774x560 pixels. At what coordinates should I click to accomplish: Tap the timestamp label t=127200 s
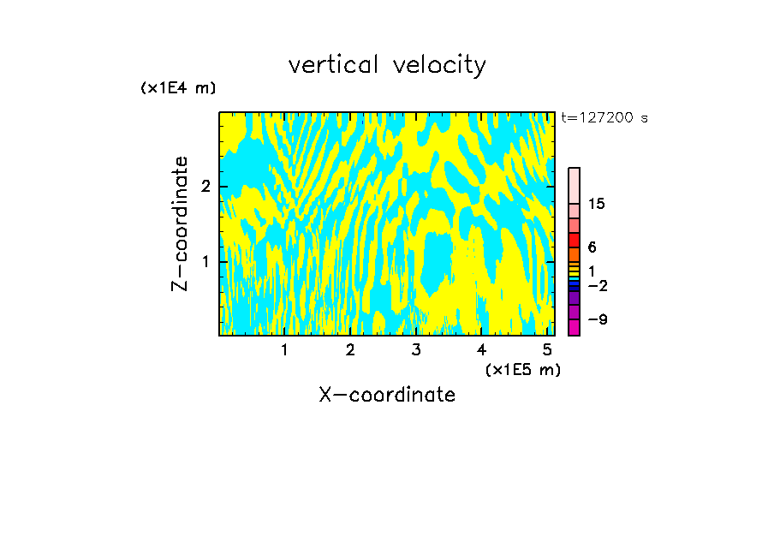pos(604,118)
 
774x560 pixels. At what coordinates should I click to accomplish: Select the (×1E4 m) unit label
pos(178,88)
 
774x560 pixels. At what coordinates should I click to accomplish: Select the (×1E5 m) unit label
pos(522,369)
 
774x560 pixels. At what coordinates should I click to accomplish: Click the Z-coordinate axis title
pos(180,223)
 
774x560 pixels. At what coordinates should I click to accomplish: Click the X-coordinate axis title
pos(387,395)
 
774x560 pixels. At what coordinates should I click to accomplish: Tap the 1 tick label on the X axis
pos(284,349)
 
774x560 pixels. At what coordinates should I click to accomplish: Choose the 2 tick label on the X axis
pos(350,349)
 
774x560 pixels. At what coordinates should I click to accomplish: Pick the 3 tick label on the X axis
pos(416,349)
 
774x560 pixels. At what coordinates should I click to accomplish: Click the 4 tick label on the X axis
pos(481,349)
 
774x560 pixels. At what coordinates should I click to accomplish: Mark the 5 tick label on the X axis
pos(547,349)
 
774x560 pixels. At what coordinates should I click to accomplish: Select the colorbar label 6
pos(592,247)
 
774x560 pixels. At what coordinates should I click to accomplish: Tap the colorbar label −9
pos(597,320)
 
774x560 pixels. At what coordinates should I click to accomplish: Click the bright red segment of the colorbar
pos(574,240)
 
